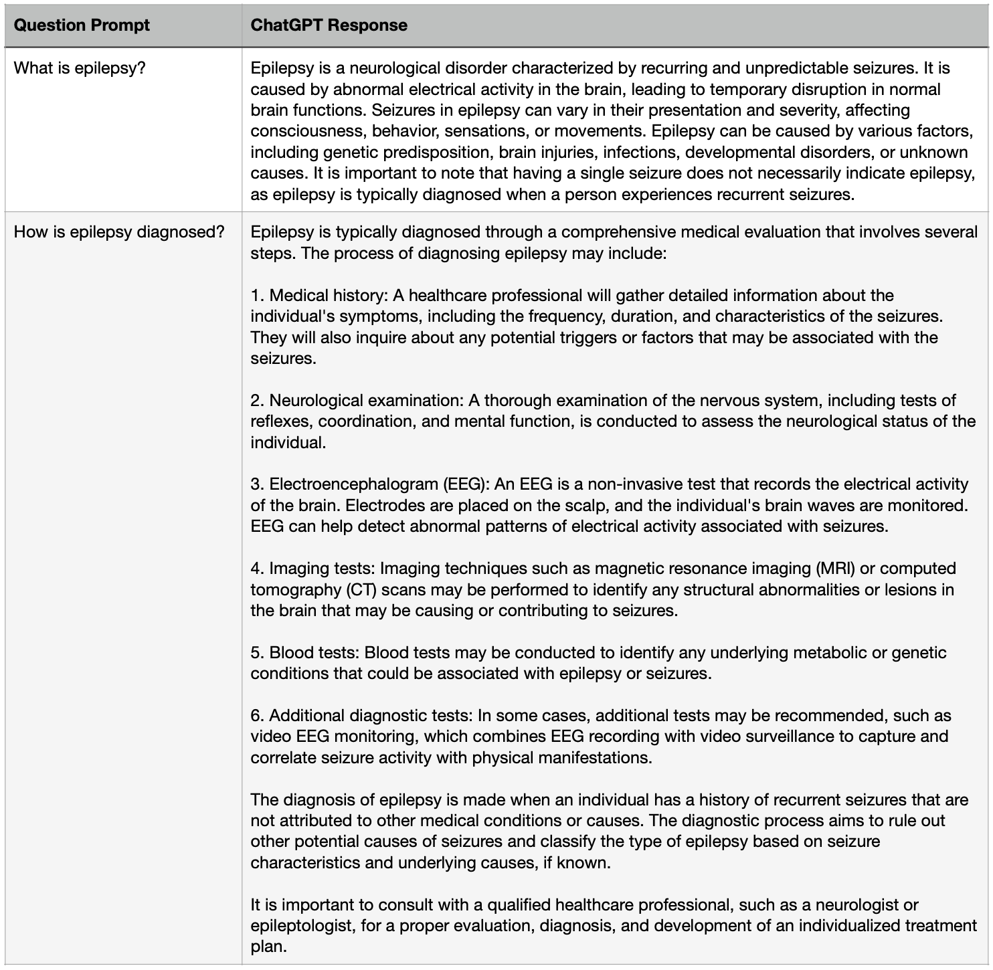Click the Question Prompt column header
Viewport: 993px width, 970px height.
tap(82, 25)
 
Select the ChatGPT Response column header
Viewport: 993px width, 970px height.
tap(329, 25)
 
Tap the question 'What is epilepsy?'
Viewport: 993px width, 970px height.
tap(80, 68)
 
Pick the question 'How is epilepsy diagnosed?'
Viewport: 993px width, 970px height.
tap(119, 232)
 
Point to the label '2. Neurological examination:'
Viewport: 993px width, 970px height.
tap(357, 400)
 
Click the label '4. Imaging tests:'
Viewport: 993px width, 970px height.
tap(313, 568)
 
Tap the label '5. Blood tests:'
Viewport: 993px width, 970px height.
tap(306, 652)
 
